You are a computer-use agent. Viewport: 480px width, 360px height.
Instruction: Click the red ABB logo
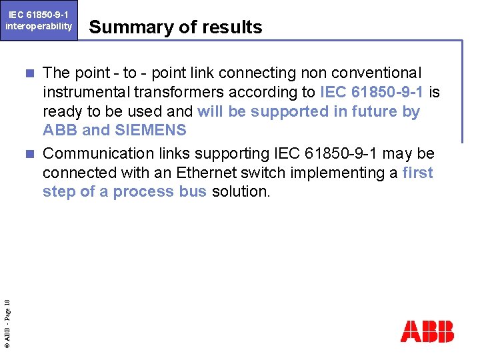pyautogui.click(x=427, y=331)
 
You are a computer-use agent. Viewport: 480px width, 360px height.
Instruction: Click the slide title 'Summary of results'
pyautogui.click(x=175, y=27)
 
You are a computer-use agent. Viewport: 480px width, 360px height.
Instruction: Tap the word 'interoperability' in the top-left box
pyautogui.click(x=39, y=26)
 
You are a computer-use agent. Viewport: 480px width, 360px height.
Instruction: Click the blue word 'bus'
pyautogui.click(x=189, y=192)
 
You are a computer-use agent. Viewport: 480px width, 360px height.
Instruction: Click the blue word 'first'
pyautogui.click(x=418, y=173)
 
